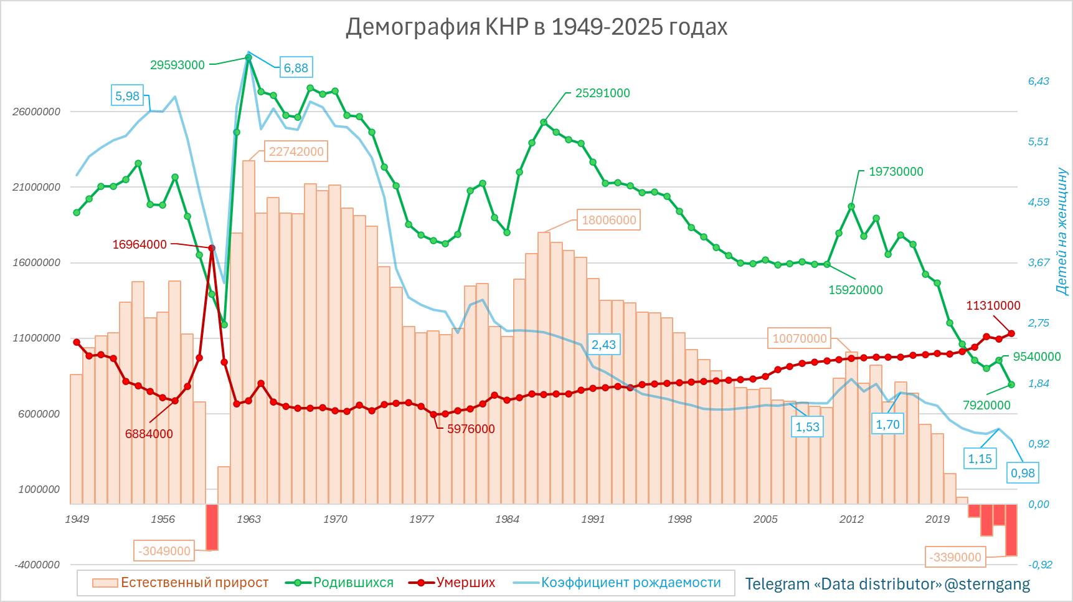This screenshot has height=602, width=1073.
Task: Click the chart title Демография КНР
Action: (x=536, y=27)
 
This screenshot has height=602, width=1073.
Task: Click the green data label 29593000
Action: (x=177, y=64)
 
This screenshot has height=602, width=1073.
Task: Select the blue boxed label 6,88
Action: (x=296, y=67)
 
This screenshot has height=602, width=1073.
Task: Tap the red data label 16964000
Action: (x=139, y=244)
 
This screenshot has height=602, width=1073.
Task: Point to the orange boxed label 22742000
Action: (x=296, y=151)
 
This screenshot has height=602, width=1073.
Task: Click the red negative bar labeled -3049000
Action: (x=212, y=527)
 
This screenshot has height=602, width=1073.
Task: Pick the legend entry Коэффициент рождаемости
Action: (x=630, y=583)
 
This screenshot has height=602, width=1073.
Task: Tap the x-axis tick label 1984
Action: (x=507, y=519)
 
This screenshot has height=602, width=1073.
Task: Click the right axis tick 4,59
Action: (x=1038, y=202)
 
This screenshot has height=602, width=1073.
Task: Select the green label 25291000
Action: (x=602, y=93)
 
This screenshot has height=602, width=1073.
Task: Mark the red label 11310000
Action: (x=993, y=305)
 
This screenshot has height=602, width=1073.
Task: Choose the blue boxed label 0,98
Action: (x=1023, y=473)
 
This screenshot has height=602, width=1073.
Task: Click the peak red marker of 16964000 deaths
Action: (x=212, y=248)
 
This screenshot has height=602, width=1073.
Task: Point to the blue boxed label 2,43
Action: (x=603, y=345)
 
